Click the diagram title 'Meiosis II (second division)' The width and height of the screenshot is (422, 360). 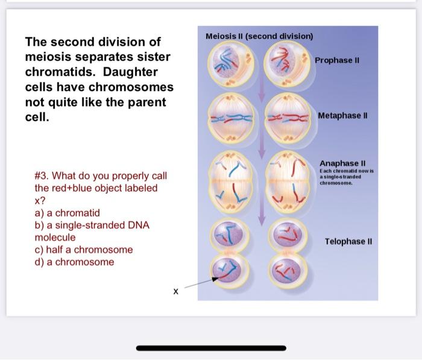(259, 36)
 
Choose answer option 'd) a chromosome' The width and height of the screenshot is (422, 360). (74, 262)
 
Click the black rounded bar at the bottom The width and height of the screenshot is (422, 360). (211, 348)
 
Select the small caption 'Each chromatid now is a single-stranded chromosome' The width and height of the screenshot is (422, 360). (347, 177)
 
